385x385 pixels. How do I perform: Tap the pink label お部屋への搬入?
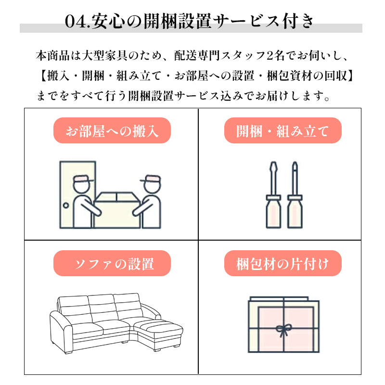[112, 130]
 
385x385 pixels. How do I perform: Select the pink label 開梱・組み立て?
[283, 130]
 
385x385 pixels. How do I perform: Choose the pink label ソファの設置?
[112, 263]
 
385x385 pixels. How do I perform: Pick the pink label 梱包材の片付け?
[283, 263]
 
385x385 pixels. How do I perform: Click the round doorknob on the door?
[66, 205]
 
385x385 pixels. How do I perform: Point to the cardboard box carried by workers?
[117, 210]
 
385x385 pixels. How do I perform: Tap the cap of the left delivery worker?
[82, 179]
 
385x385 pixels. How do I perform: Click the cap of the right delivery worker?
[151, 179]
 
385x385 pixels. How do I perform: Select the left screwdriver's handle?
[273, 212]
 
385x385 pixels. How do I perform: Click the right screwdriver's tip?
[295, 165]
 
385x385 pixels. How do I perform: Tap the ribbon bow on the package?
[283, 330]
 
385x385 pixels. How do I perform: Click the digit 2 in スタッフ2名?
[269, 56]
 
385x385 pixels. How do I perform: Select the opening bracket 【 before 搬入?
[43, 76]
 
